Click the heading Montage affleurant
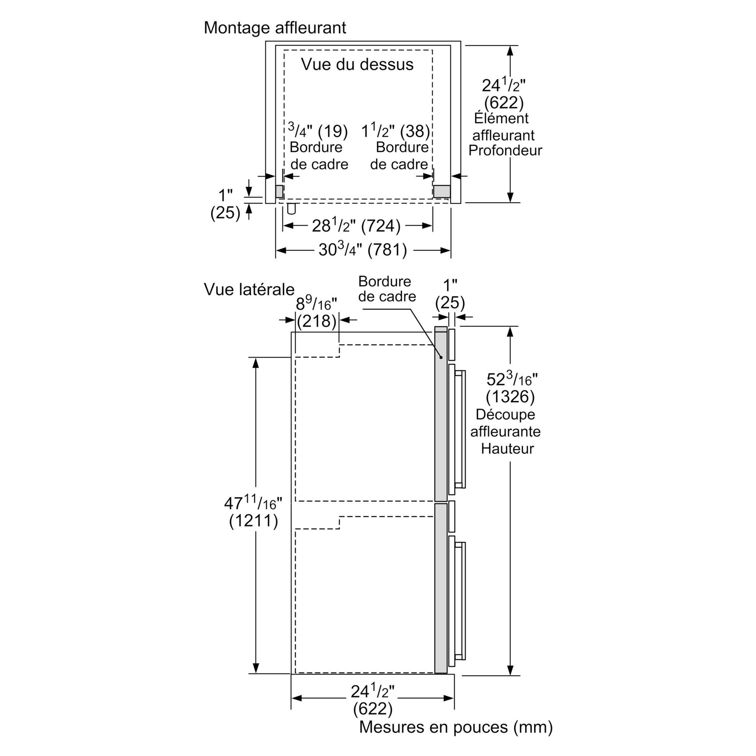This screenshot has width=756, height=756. click(x=275, y=28)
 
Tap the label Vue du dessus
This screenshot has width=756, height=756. click(x=357, y=64)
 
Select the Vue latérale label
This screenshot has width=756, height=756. click(x=249, y=289)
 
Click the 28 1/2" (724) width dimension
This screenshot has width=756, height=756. click(x=356, y=226)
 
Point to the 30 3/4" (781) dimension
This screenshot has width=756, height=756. click(x=363, y=250)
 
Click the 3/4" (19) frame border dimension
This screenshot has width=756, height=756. click(x=318, y=131)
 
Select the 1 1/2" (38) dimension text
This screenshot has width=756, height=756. click(x=395, y=131)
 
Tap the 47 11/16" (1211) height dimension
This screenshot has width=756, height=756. click(x=254, y=512)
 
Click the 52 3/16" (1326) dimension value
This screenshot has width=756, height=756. click(x=511, y=388)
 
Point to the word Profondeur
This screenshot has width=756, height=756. click(x=505, y=150)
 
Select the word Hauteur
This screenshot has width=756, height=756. click(x=507, y=448)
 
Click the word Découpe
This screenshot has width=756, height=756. click(x=505, y=414)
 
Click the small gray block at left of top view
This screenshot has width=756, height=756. click(x=279, y=191)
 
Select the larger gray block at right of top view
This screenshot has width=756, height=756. click(x=442, y=191)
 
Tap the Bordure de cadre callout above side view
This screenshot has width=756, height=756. click(x=387, y=289)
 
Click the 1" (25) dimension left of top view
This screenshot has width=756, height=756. click(x=225, y=204)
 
